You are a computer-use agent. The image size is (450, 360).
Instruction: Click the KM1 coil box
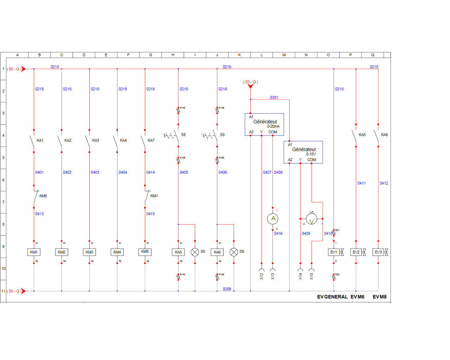34,252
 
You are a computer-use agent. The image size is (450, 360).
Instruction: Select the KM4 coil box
117,252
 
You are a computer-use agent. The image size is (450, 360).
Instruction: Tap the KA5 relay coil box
178,252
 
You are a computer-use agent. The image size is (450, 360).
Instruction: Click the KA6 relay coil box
217,252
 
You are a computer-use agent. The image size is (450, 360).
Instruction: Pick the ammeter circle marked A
273,219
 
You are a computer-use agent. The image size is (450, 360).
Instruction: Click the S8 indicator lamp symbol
195,252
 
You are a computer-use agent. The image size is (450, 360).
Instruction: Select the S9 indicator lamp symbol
234,252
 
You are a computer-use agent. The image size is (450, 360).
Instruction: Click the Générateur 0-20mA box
264,124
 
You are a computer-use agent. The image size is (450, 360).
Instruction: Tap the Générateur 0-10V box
303,152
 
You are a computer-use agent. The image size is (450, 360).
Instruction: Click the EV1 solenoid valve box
334,252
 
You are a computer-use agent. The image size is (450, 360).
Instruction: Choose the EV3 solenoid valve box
378,252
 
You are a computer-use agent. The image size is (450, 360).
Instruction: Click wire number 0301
274,97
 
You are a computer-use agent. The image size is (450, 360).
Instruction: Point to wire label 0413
39,214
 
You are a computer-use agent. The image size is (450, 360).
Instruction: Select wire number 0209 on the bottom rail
227,289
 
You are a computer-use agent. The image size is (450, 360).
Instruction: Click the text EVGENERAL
332,297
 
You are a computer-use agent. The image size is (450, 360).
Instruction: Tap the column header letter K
239,55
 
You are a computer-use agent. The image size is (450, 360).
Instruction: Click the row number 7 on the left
4,202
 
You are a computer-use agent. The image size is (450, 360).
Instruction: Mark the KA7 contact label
151,140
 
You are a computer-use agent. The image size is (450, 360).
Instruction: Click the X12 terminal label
262,276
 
